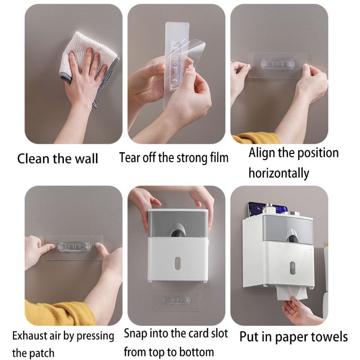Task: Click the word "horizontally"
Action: click(x=279, y=173)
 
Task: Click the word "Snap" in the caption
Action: click(x=136, y=333)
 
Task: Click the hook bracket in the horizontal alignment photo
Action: click(x=279, y=64)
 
